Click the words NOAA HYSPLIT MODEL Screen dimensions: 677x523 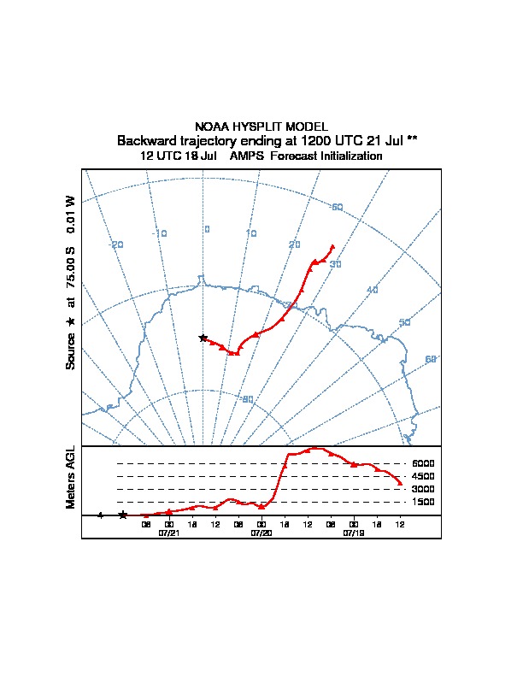pyautogui.click(x=261, y=127)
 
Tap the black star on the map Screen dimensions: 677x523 pyautogui.click(x=203, y=338)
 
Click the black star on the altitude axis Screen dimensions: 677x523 pyautogui.click(x=123, y=515)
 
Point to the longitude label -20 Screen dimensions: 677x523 pyautogui.click(x=117, y=244)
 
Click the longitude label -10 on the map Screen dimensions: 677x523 pyautogui.click(x=160, y=233)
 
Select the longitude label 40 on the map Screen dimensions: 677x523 pyautogui.click(x=372, y=291)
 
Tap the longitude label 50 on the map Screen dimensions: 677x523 pyautogui.click(x=405, y=322)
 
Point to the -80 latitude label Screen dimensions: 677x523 pyautogui.click(x=247, y=399)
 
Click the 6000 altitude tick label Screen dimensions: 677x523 pyautogui.click(x=423, y=463)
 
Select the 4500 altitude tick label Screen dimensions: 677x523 pyautogui.click(x=423, y=476)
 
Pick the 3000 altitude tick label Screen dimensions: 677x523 pyautogui.click(x=423, y=489)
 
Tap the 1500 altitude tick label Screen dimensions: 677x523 pyautogui.click(x=423, y=502)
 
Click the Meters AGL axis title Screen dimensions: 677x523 pyautogui.click(x=72, y=478)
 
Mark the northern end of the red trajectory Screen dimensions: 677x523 pyautogui.click(x=332, y=246)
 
